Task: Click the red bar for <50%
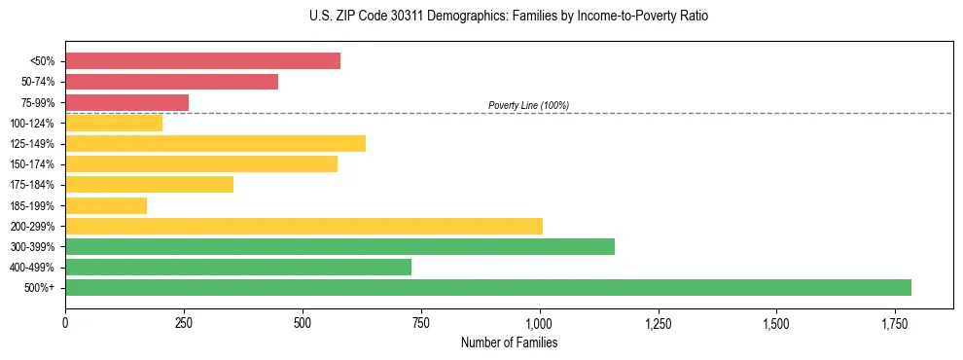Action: tap(202, 61)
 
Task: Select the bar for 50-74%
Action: tap(171, 82)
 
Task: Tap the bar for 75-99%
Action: tap(126, 102)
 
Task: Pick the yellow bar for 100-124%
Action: tap(114, 123)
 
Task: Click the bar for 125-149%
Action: tap(215, 144)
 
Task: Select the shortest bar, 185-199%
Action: tap(106, 205)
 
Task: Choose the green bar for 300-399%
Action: tap(339, 246)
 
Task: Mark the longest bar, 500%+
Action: tap(488, 287)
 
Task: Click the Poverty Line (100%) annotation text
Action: tap(528, 105)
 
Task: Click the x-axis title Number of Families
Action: tap(509, 342)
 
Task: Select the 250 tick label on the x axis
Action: tap(184, 322)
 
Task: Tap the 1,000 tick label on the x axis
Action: tap(539, 322)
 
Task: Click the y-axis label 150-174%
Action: tap(32, 164)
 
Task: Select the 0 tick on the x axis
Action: tap(65, 322)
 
